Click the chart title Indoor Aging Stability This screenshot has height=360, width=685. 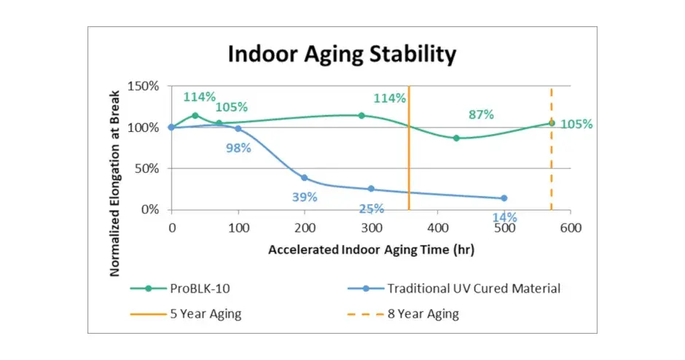342,55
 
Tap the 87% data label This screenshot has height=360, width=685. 481,114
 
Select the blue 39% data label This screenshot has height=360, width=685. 305,197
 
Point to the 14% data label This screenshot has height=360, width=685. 504,217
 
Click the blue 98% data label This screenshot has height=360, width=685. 238,148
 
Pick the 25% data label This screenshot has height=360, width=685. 371,209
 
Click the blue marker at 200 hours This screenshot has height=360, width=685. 305,178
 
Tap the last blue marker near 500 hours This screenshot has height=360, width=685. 504,198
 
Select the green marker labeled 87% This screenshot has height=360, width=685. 456,138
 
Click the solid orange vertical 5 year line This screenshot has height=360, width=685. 409,160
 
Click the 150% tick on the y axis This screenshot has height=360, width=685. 143,86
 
